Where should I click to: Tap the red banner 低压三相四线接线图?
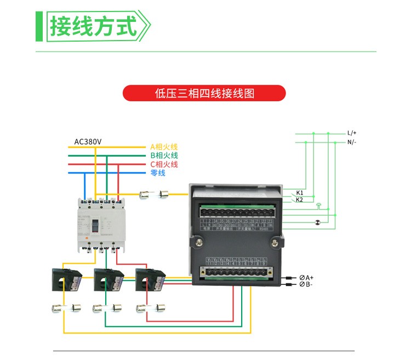204,93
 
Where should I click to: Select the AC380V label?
88,142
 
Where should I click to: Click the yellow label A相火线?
164,147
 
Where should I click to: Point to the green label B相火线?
164,156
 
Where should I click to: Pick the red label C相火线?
164,164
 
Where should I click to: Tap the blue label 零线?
157,173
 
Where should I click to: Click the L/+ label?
352,133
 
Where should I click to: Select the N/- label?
352,142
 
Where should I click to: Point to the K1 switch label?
300,193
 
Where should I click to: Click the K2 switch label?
300,200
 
